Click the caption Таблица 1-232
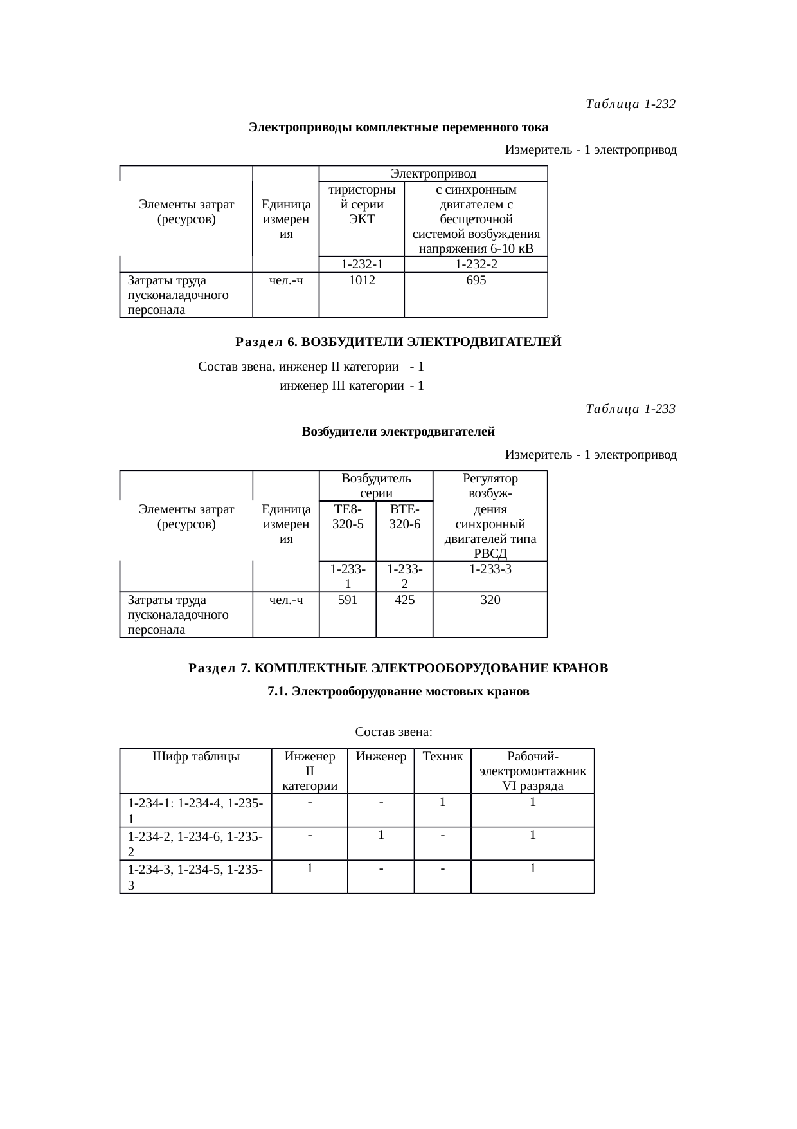(x=631, y=104)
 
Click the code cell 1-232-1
(x=362, y=264)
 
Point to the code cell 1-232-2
(x=476, y=264)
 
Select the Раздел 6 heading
(x=398, y=342)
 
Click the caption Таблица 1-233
(x=631, y=409)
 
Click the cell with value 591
(x=348, y=600)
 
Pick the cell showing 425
(x=404, y=600)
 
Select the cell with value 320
(x=490, y=600)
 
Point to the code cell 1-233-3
(x=490, y=569)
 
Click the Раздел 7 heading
(x=398, y=668)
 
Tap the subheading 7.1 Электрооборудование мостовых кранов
(x=398, y=692)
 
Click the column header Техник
(x=442, y=757)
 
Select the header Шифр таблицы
(x=196, y=757)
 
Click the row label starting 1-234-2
(x=195, y=843)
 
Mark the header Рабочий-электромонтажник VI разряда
(x=532, y=771)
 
